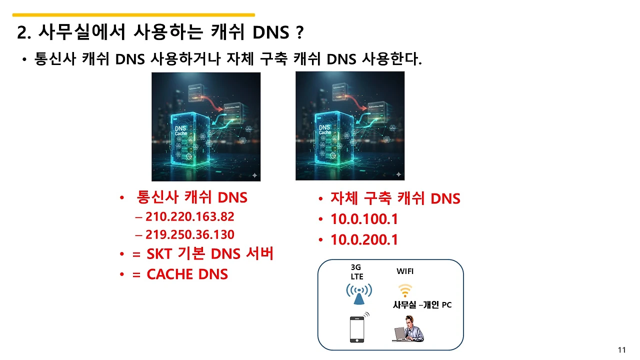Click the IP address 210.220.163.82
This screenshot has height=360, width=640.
click(189, 217)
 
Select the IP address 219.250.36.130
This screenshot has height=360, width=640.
click(189, 234)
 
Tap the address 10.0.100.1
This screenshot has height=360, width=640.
click(364, 219)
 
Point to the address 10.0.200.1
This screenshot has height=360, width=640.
click(364, 240)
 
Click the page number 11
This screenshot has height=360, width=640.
click(622, 350)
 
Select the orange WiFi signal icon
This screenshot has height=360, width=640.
click(404, 290)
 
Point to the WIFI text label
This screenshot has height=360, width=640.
click(405, 271)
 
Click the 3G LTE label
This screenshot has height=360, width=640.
click(357, 272)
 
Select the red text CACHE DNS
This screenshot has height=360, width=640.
click(187, 274)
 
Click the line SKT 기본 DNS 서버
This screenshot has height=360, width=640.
click(209, 254)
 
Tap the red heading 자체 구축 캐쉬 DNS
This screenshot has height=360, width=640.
click(395, 198)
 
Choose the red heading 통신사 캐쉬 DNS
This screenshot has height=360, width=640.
click(192, 197)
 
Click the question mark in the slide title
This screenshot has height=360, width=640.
click(299, 33)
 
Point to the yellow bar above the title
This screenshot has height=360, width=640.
click(133, 15)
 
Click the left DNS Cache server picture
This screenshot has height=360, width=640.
click(206, 126)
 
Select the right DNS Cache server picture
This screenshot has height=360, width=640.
click(350, 126)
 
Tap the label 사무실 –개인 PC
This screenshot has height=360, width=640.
click(422, 305)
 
